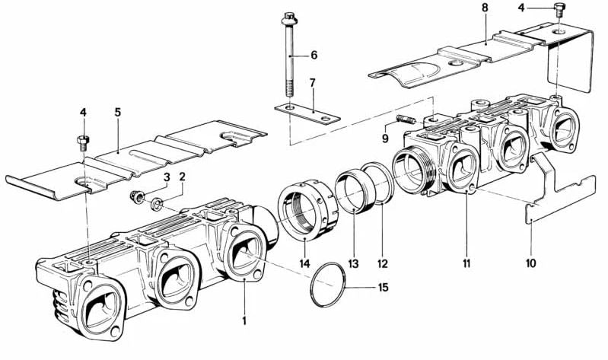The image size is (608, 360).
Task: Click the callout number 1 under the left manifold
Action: (244, 321)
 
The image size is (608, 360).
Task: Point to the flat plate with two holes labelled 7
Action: (306, 115)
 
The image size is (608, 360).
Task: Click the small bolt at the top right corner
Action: (561, 10)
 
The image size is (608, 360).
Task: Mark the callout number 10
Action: (530, 263)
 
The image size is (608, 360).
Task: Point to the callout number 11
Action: (466, 263)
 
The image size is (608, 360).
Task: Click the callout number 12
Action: (383, 263)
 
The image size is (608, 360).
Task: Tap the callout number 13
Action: (352, 263)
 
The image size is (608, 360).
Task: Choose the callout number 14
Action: (305, 263)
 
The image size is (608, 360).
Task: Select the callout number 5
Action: (117, 111)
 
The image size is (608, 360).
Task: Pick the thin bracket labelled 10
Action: (559, 190)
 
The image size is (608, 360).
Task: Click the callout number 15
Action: (384, 288)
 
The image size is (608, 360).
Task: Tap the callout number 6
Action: (313, 56)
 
